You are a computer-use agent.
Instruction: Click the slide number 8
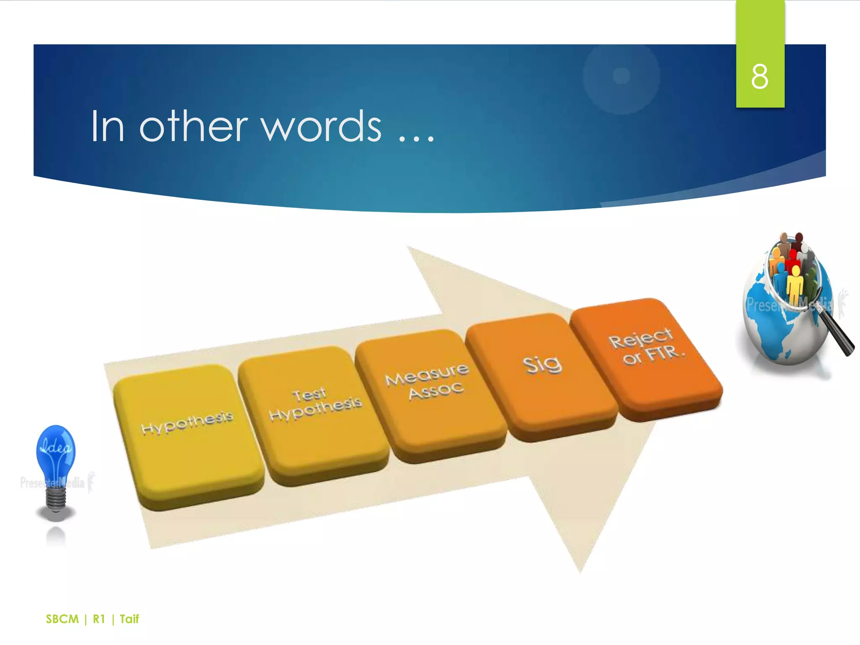point(760,77)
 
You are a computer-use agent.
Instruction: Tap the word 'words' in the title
point(322,126)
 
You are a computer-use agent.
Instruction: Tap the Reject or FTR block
point(647,357)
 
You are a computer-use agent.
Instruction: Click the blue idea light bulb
point(56,454)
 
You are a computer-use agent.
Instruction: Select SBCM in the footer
point(62,619)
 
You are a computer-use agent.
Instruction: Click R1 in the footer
point(99,619)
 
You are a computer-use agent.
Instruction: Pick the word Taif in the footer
point(129,619)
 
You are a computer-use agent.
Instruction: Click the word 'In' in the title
point(107,126)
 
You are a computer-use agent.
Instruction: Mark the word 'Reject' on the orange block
point(641,338)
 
